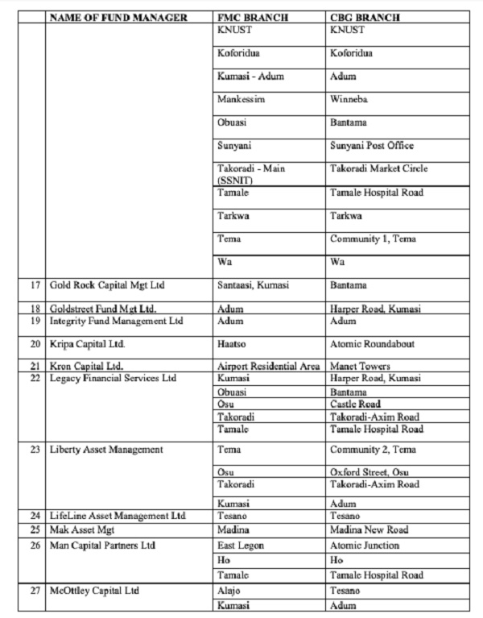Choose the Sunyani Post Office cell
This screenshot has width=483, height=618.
372,146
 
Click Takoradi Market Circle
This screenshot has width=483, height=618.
378,169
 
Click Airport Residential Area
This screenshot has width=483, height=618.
269,367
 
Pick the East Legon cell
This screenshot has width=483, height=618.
242,545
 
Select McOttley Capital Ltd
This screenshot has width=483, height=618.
94,591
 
